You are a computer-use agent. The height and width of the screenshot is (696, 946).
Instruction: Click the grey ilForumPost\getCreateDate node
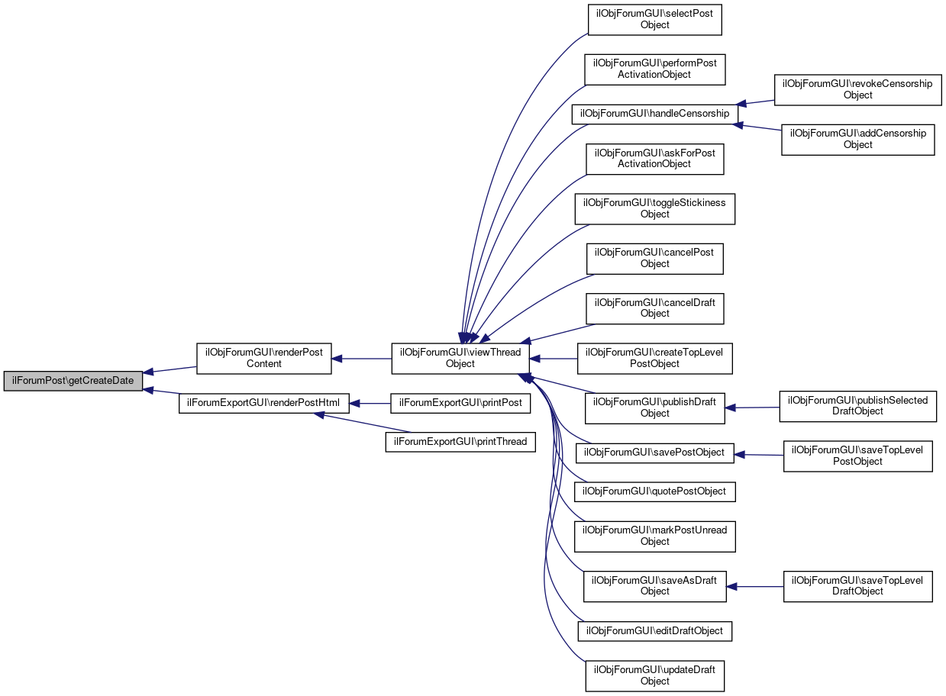(x=73, y=381)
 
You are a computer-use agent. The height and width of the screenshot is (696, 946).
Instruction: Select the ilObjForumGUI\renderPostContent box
(x=264, y=359)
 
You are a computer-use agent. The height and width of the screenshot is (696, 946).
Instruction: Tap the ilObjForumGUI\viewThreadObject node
(x=461, y=359)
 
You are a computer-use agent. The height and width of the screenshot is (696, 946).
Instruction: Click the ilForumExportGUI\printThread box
(x=460, y=441)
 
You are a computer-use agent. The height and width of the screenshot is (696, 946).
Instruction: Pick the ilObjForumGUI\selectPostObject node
(x=654, y=20)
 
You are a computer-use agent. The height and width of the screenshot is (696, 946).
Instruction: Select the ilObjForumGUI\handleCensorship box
(x=655, y=114)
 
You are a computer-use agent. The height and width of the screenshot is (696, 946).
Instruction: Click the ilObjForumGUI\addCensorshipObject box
(x=857, y=139)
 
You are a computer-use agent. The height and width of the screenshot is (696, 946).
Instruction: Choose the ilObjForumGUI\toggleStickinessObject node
(x=654, y=208)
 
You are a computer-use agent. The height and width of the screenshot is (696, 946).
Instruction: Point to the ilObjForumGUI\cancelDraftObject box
(x=654, y=308)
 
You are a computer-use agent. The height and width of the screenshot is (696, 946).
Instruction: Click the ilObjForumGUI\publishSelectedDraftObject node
(x=857, y=406)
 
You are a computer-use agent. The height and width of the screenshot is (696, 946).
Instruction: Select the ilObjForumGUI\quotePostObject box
(x=654, y=491)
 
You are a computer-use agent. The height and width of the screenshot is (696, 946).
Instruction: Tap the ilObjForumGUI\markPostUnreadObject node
(x=654, y=536)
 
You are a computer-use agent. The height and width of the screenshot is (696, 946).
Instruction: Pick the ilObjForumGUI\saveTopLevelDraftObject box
(x=857, y=586)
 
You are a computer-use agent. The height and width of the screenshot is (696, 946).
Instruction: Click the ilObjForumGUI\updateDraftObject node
(x=654, y=676)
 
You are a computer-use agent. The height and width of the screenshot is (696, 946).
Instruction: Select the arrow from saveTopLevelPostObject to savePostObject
(x=760, y=455)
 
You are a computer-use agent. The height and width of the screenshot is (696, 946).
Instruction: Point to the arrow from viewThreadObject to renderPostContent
(x=362, y=359)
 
